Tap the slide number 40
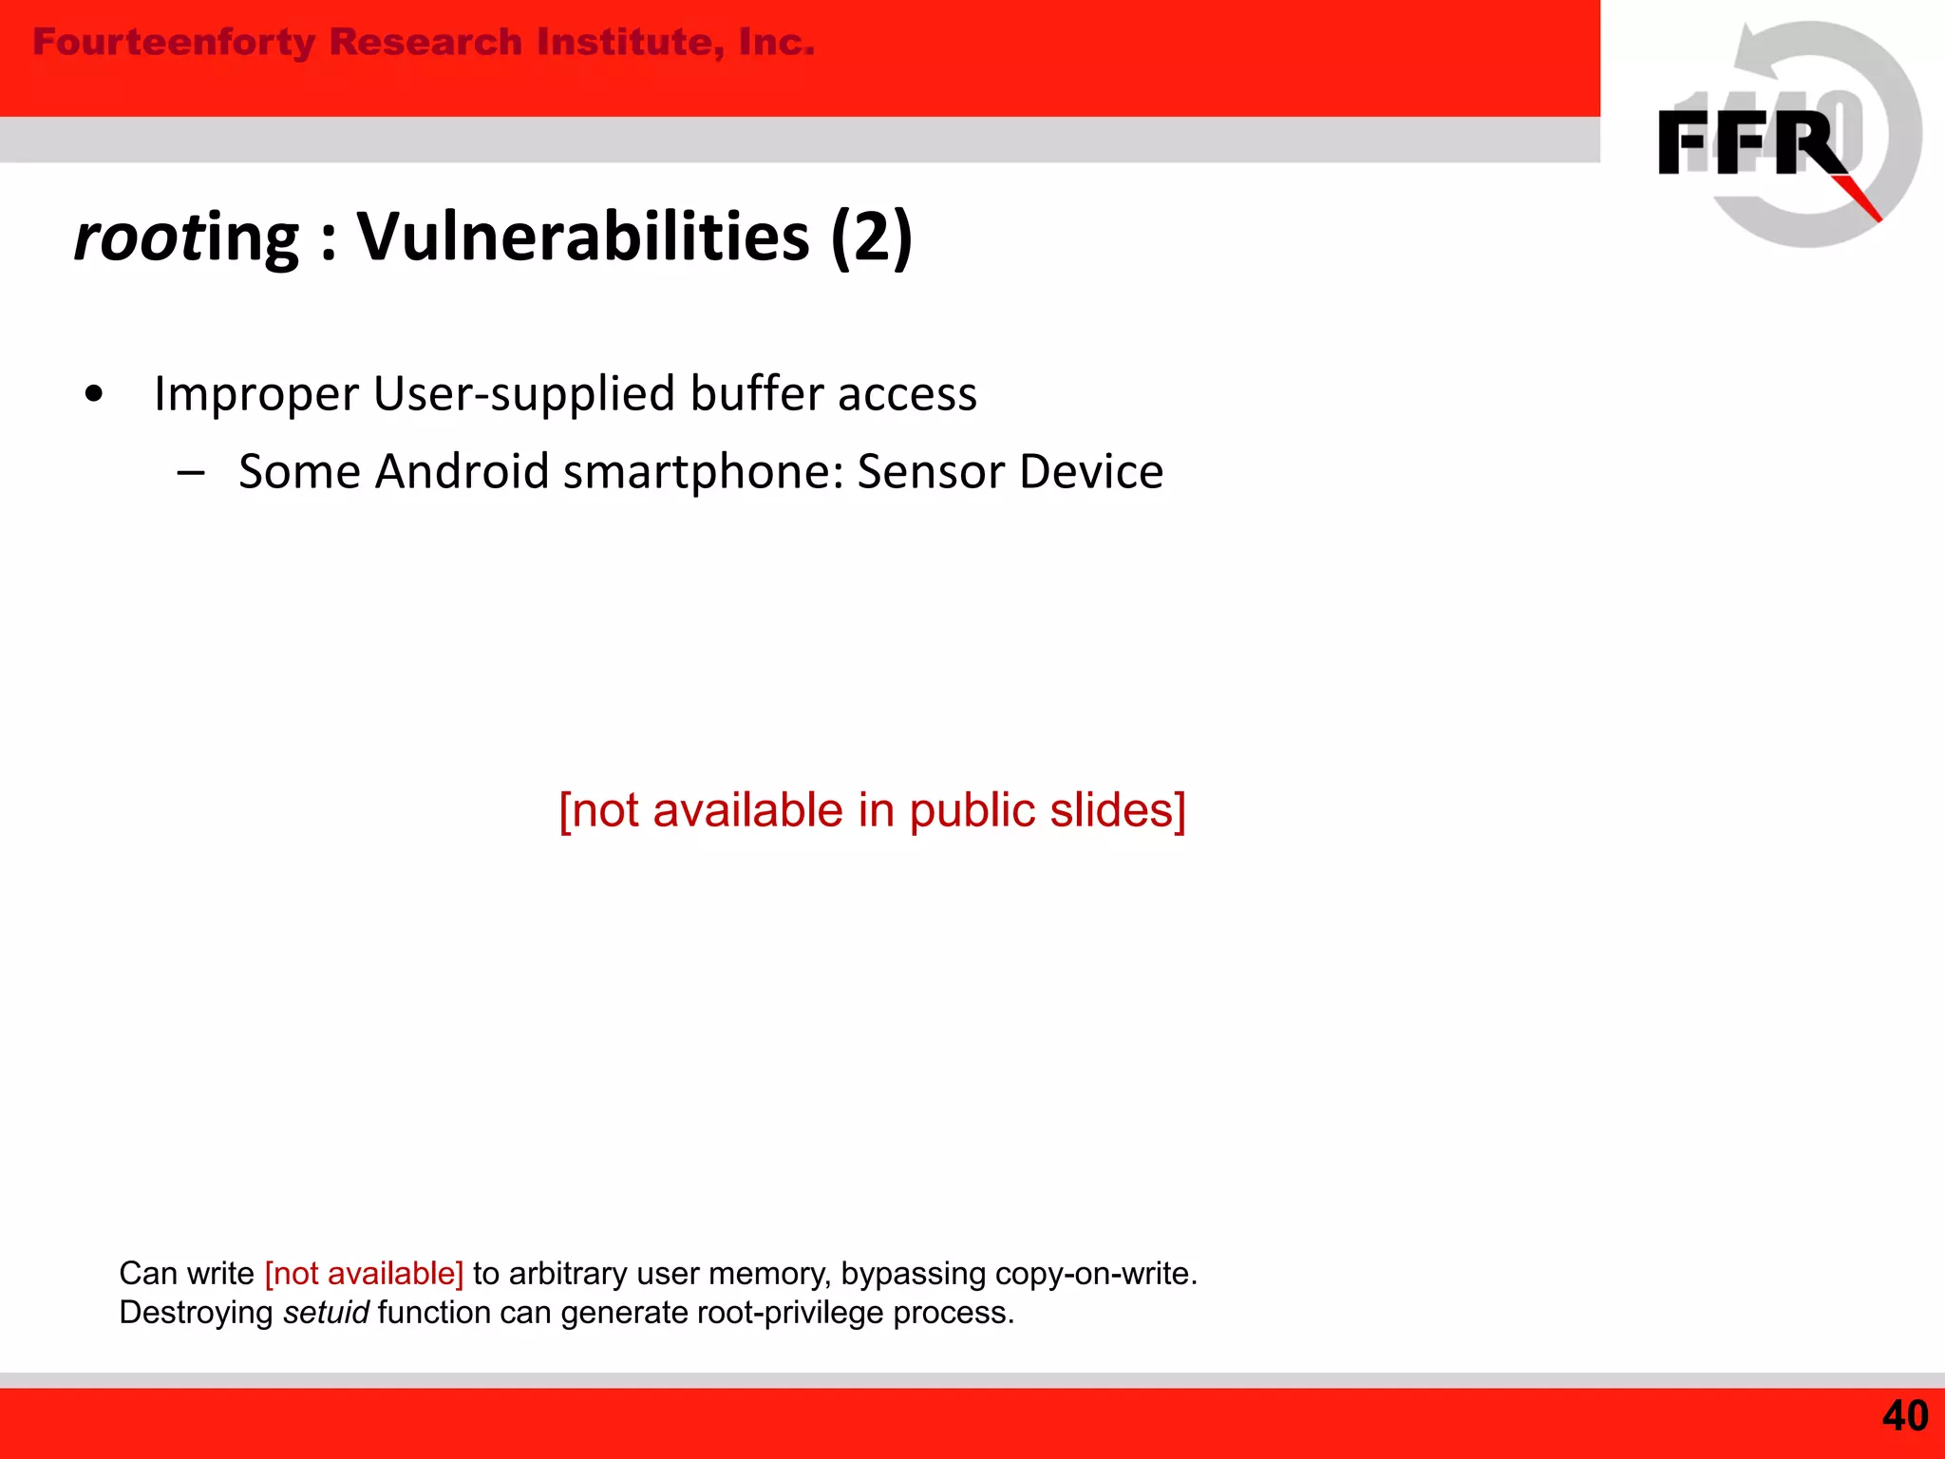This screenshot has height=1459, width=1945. pyautogui.click(x=1904, y=1416)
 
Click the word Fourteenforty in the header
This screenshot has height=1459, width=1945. pyautogui.click(x=174, y=43)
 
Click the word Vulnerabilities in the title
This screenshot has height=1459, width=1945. pyautogui.click(x=582, y=237)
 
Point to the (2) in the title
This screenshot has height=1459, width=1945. pyautogui.click(x=871, y=237)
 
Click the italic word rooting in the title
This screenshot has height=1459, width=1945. pyautogui.click(x=186, y=237)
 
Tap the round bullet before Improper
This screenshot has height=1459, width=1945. pyautogui.click(x=93, y=394)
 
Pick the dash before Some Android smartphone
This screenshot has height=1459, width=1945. pyautogui.click(x=191, y=472)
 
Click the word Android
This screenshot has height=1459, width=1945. pyautogui.click(x=462, y=471)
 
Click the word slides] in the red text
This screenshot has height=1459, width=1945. pyautogui.click(x=1118, y=810)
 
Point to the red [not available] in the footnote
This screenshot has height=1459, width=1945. pyautogui.click(x=364, y=1273)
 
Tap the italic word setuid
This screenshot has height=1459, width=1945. pyautogui.click(x=326, y=1313)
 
